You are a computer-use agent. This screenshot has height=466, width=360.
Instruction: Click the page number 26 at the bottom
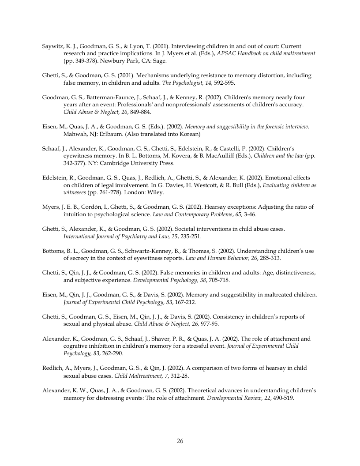[180, 441]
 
